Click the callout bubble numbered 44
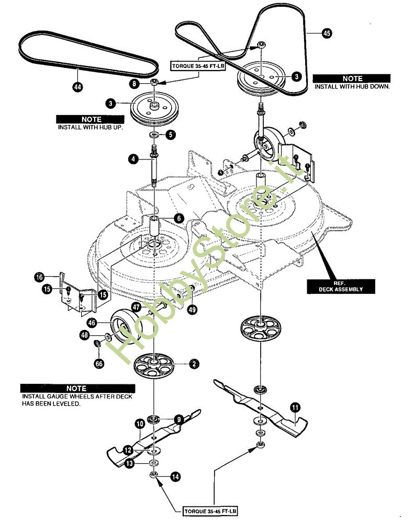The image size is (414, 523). (x=77, y=87)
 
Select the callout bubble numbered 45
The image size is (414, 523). (x=326, y=32)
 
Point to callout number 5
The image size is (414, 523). (x=171, y=135)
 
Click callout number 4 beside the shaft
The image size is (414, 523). (x=134, y=158)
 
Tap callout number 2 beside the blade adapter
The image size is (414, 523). (x=194, y=363)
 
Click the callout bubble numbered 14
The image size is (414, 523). (x=175, y=477)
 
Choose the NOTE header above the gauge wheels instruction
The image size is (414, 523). (x=77, y=389)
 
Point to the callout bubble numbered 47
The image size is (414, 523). (x=136, y=308)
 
